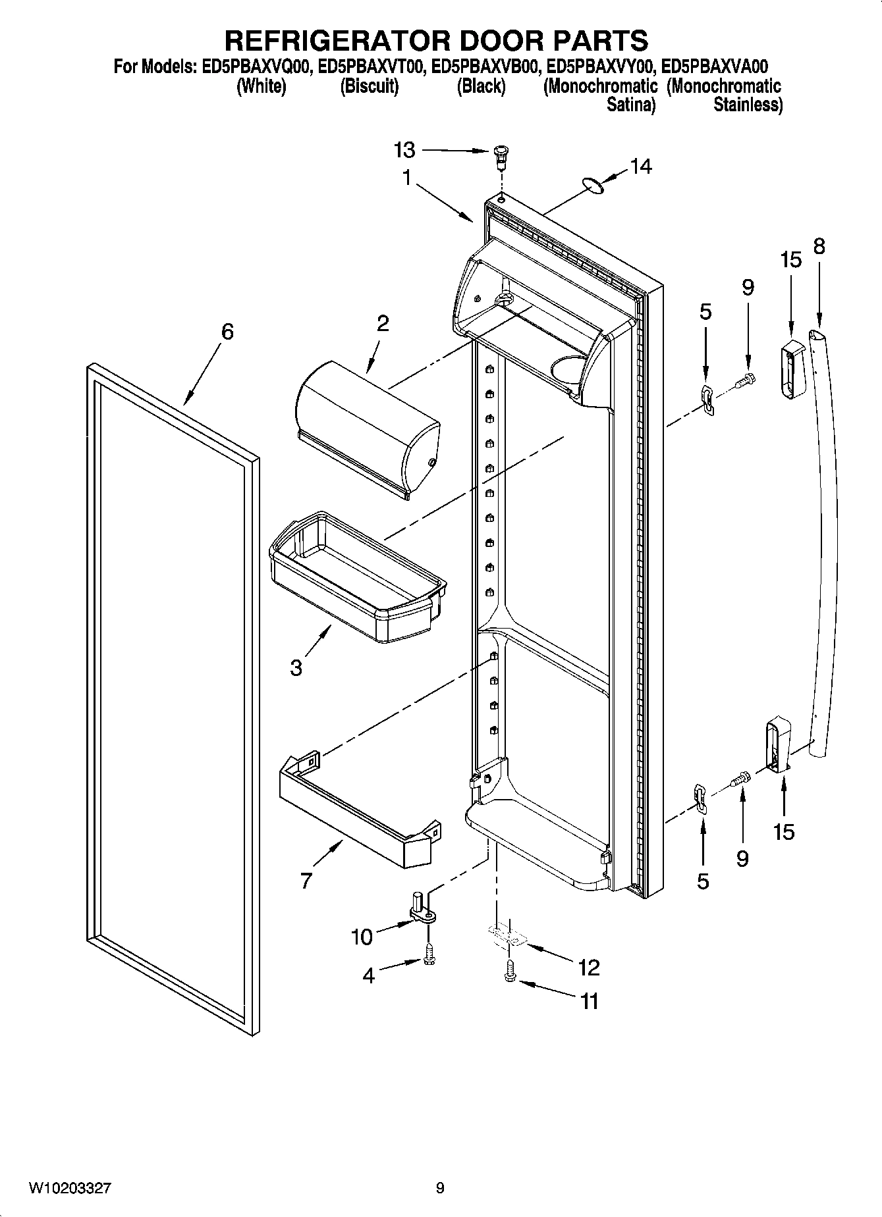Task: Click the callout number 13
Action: coord(404,150)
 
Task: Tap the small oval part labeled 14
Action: coord(595,187)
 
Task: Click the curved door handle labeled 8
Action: coord(827,527)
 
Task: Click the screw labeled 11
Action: coord(510,978)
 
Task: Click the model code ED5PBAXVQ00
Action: coord(255,66)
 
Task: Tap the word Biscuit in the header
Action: coord(369,86)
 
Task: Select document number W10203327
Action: coord(69,1188)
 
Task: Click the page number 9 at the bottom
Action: coord(440,1188)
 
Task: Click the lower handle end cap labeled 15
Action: coord(777,747)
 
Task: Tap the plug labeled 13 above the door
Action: coord(502,155)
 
